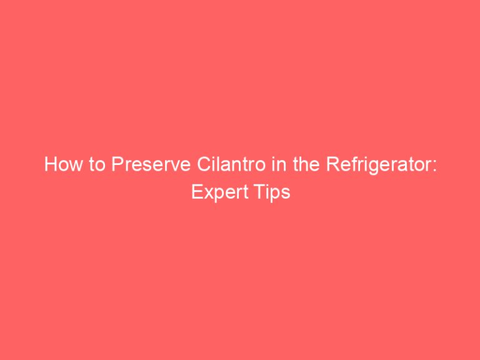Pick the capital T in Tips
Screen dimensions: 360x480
coord(259,192)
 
